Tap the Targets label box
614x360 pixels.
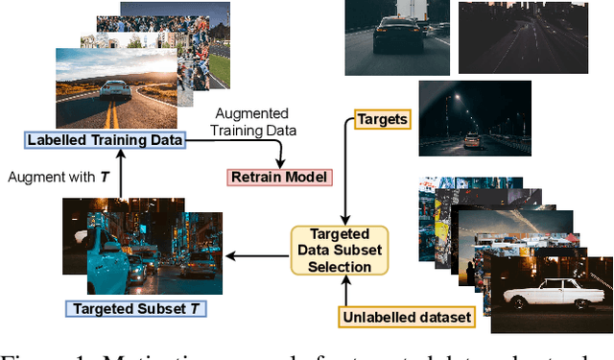click(382, 119)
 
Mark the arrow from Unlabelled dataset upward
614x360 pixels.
click(348, 292)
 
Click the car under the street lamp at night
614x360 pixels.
click(472, 140)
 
